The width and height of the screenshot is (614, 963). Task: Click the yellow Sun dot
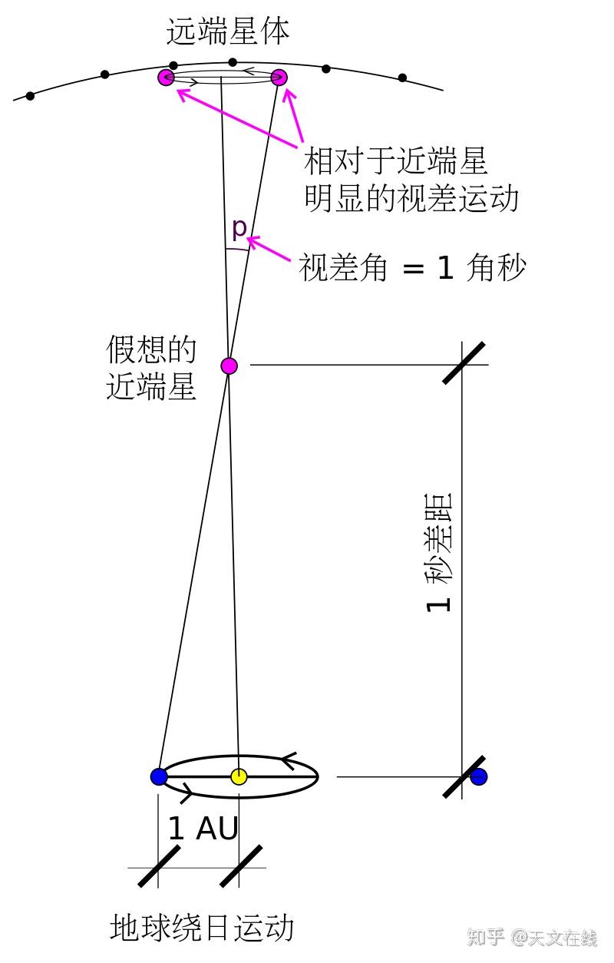pos(239,776)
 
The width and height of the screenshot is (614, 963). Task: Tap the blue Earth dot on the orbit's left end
pos(159,776)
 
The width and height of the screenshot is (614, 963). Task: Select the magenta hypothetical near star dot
pos(229,366)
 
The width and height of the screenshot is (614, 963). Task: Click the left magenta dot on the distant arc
pos(166,77)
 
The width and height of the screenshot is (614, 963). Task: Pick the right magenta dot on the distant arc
pos(279,77)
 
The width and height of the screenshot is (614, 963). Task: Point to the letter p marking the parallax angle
pos(239,227)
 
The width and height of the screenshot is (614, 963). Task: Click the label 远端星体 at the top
pos(228,32)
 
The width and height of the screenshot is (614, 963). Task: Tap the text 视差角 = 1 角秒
pos(412,269)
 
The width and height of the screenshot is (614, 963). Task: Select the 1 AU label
pos(203,829)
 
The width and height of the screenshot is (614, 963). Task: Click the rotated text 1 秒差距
pos(439,551)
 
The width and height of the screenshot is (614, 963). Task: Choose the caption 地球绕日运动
pos(203,927)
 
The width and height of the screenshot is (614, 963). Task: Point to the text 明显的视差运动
pos(412,198)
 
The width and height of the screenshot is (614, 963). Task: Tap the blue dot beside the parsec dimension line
pos(479,776)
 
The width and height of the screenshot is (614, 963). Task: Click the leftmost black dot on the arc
pos(30,96)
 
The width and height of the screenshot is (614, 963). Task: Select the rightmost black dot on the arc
pos(402,78)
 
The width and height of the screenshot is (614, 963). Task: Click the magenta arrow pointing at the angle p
pos(269,253)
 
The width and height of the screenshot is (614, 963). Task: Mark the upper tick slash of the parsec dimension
pos(464,362)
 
